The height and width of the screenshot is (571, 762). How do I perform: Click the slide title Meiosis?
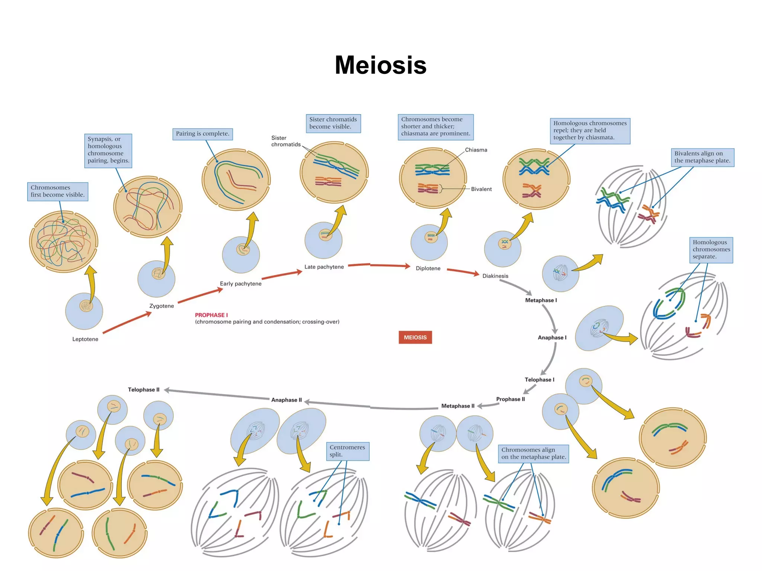pyautogui.click(x=380, y=65)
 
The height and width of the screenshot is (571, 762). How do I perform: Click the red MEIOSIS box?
pyautogui.click(x=415, y=337)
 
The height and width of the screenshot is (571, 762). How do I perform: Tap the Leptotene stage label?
pyautogui.click(x=85, y=339)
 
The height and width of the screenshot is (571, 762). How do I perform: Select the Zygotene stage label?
pyautogui.click(x=161, y=306)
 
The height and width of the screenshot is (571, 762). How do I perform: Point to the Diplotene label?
pyautogui.click(x=428, y=268)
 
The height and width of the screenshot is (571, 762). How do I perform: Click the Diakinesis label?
pyautogui.click(x=495, y=276)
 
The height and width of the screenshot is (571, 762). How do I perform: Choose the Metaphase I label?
pyautogui.click(x=541, y=300)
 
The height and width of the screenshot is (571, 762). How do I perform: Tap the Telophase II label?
pyautogui.click(x=144, y=390)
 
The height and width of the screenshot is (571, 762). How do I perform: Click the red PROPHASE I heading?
pyautogui.click(x=211, y=315)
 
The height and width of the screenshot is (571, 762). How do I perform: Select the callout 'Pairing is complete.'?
pyautogui.click(x=202, y=134)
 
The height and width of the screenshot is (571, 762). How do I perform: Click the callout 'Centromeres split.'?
pyautogui.click(x=347, y=451)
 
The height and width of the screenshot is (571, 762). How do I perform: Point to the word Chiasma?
pyautogui.click(x=476, y=150)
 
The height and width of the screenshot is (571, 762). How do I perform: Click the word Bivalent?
pyautogui.click(x=481, y=189)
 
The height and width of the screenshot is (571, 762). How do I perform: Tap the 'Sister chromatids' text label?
pyautogui.click(x=285, y=141)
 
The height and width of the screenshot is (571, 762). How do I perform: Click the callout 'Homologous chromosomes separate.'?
pyautogui.click(x=711, y=249)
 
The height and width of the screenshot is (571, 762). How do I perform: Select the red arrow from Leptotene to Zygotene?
pyautogui.click(x=127, y=322)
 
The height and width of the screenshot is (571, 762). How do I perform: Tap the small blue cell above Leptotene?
pyautogui.click(x=84, y=312)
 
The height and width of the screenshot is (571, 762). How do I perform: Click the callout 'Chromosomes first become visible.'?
pyautogui.click(x=58, y=191)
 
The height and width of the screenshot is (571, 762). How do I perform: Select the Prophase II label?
pyautogui.click(x=510, y=399)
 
